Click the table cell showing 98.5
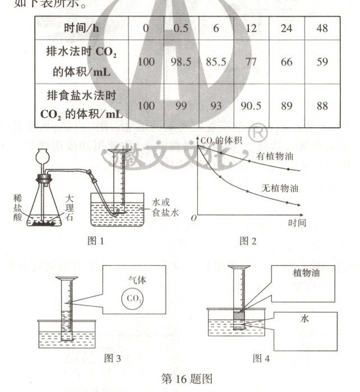pyautogui.click(x=181, y=62)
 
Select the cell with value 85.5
pyautogui.click(x=216, y=62)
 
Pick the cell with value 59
pyautogui.click(x=322, y=62)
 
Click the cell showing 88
pyautogui.click(x=322, y=105)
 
